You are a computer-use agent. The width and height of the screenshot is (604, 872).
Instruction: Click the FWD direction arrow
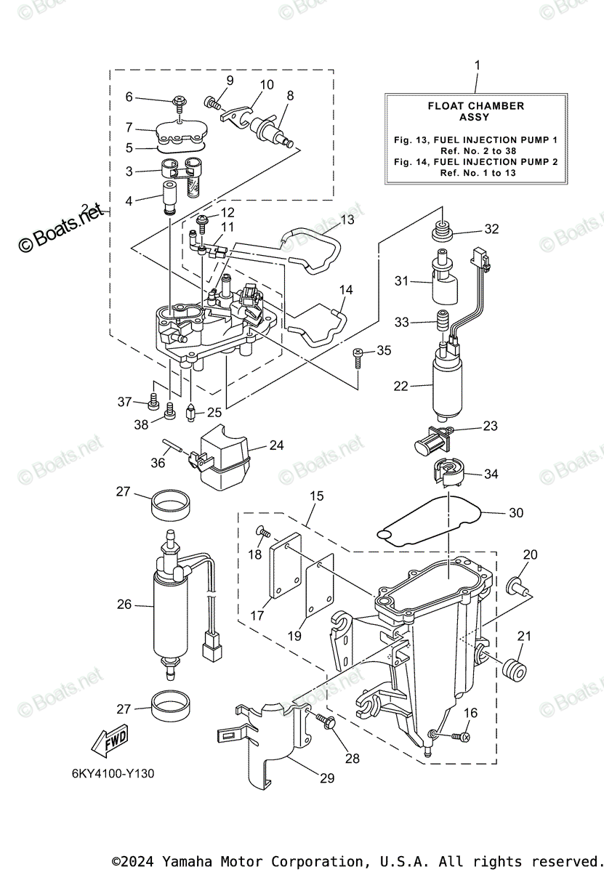pyautogui.click(x=109, y=740)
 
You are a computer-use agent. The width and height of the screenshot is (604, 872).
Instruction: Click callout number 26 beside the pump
pyautogui.click(x=124, y=605)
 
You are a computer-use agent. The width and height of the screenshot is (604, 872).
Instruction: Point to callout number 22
pyautogui.click(x=401, y=387)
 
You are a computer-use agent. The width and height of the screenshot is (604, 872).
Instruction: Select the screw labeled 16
pyautogui.click(x=459, y=737)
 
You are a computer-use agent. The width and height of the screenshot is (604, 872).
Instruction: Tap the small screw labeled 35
pyautogui.click(x=358, y=356)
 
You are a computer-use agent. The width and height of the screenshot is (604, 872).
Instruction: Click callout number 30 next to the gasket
pyautogui.click(x=515, y=513)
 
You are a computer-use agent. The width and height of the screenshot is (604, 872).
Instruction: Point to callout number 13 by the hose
pyautogui.click(x=347, y=218)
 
